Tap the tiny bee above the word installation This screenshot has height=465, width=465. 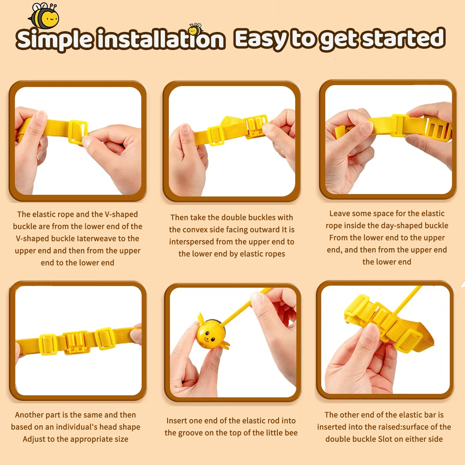pos(195,29)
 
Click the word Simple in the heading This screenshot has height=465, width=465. pos(55,40)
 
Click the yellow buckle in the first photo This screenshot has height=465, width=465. pos(78,132)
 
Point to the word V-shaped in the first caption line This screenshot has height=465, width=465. pos(121,214)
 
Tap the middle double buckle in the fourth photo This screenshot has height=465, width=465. pos(76,341)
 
